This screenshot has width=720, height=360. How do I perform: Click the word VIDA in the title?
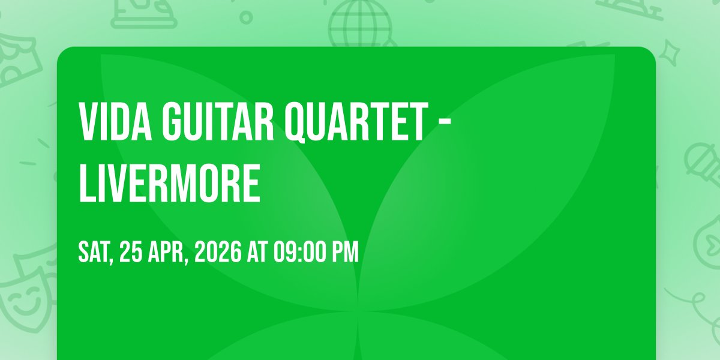[x=115, y=121]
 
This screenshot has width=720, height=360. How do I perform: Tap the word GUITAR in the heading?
[x=218, y=121]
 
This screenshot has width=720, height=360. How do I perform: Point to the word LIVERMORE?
[x=169, y=183]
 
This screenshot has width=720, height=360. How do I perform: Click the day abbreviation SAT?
[x=95, y=253]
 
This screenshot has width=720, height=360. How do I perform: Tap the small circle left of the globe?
[x=246, y=17]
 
